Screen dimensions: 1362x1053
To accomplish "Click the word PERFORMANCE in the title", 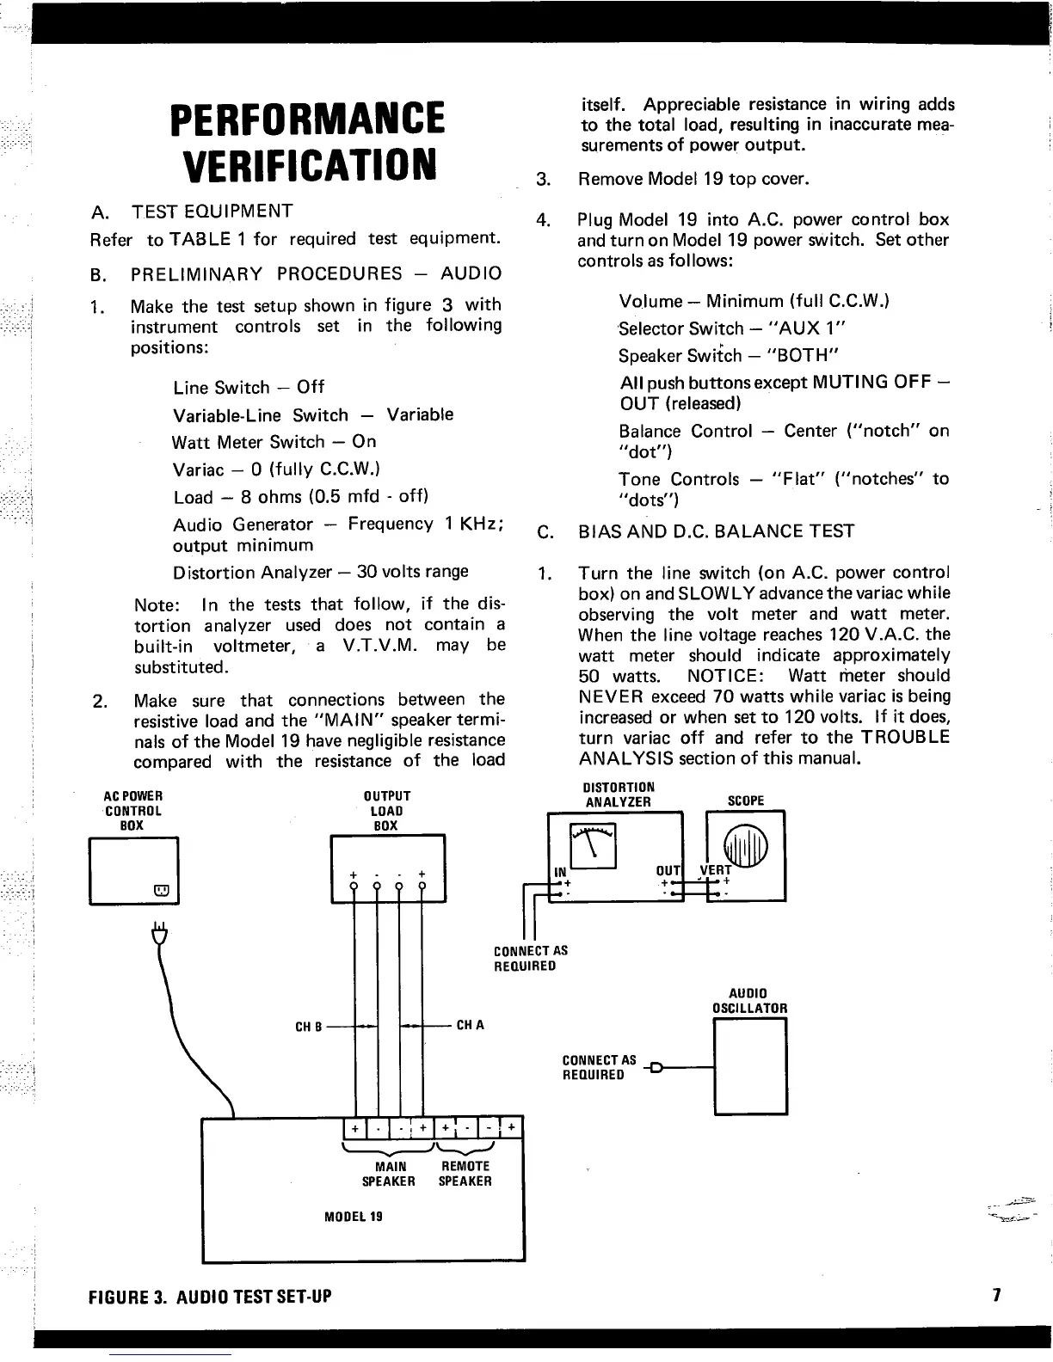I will pos(308,119).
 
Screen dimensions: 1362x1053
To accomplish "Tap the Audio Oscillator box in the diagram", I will pos(750,1066).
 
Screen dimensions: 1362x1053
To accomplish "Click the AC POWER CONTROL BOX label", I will pos(132,811).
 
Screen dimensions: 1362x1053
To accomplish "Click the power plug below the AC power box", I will pos(158,933).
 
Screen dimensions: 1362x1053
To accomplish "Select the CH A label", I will pos(471,1025).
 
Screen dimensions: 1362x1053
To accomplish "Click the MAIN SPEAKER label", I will pos(389,1174).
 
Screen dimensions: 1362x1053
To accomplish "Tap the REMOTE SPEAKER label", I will pos(465,1174).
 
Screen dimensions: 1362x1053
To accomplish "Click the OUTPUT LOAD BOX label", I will pos(386,811).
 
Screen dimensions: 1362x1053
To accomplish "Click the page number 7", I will pos(996,1296).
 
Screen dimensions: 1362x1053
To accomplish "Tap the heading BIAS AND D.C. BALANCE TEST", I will pos(717,531).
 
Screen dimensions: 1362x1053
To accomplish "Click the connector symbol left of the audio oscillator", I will pos(656,1069).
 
